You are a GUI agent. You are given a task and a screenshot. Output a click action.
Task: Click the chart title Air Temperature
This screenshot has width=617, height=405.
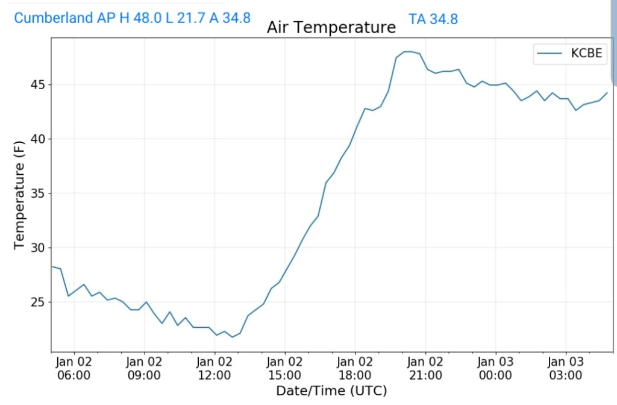[331, 28]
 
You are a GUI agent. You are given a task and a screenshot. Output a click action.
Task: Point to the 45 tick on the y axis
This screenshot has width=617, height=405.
[37, 85]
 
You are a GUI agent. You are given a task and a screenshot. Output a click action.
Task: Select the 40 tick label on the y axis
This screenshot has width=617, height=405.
[37, 139]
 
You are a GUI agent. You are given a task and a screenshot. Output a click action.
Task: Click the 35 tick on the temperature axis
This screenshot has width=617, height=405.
[37, 193]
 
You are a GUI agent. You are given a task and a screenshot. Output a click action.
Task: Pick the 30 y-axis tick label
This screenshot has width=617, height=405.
[37, 248]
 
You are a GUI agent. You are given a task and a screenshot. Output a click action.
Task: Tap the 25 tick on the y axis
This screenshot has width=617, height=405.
[37, 302]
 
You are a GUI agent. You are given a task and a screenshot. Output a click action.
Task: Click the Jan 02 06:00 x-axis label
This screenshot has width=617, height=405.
[74, 368]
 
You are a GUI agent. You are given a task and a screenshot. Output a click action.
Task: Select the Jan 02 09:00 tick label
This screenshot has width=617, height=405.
[145, 368]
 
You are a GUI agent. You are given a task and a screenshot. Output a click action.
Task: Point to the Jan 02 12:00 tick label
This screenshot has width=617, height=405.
[215, 368]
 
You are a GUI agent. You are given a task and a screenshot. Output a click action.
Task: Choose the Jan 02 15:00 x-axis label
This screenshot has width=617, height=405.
[285, 368]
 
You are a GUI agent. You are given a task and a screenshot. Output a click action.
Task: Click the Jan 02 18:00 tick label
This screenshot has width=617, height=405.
[355, 368]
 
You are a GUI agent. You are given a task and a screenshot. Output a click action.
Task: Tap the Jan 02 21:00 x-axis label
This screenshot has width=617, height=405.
[425, 368]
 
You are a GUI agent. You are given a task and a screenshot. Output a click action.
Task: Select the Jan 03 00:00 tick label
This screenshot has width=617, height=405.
[495, 368]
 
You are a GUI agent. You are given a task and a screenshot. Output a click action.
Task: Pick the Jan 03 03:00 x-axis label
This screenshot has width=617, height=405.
[566, 368]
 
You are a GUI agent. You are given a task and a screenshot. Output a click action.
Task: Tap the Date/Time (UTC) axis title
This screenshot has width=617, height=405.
[331, 391]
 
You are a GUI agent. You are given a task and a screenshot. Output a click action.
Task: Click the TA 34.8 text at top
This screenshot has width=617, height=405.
[433, 19]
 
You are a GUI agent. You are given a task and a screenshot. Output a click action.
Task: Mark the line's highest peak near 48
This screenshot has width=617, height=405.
[408, 52]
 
